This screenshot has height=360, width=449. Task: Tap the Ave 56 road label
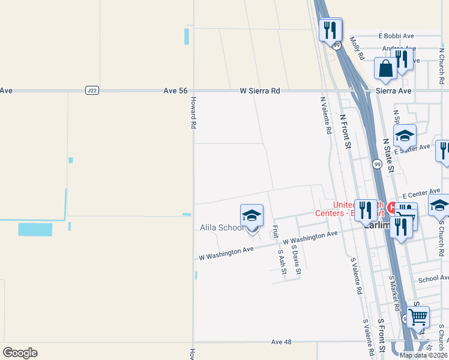[x=175, y=91]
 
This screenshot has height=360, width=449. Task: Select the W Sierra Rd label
[x=260, y=91]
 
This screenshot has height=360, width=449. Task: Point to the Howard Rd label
[x=194, y=114]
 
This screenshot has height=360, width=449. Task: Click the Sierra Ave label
[x=393, y=91]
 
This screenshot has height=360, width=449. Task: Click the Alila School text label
[x=221, y=228]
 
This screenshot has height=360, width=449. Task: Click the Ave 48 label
[x=281, y=341]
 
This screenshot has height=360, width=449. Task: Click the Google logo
[x=20, y=353]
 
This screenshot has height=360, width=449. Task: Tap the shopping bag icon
[x=385, y=68]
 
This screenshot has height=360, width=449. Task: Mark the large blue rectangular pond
[x=35, y=229]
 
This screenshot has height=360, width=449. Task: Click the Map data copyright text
[x=423, y=355]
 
